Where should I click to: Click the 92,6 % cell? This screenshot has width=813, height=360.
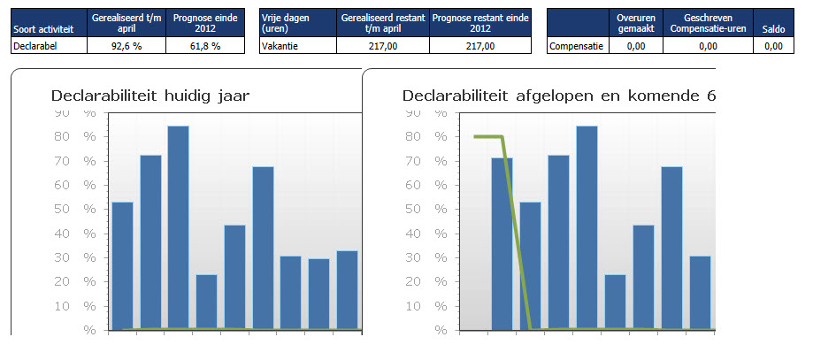tap(126, 47)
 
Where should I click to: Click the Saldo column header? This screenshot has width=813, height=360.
tap(772, 30)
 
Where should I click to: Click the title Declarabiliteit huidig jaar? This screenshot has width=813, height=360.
tap(150, 96)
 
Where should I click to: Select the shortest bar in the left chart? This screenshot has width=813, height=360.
tap(206, 302)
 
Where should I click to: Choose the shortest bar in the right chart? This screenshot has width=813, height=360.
tap(616, 302)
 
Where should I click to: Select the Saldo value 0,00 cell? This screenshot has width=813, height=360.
tap(772, 47)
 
